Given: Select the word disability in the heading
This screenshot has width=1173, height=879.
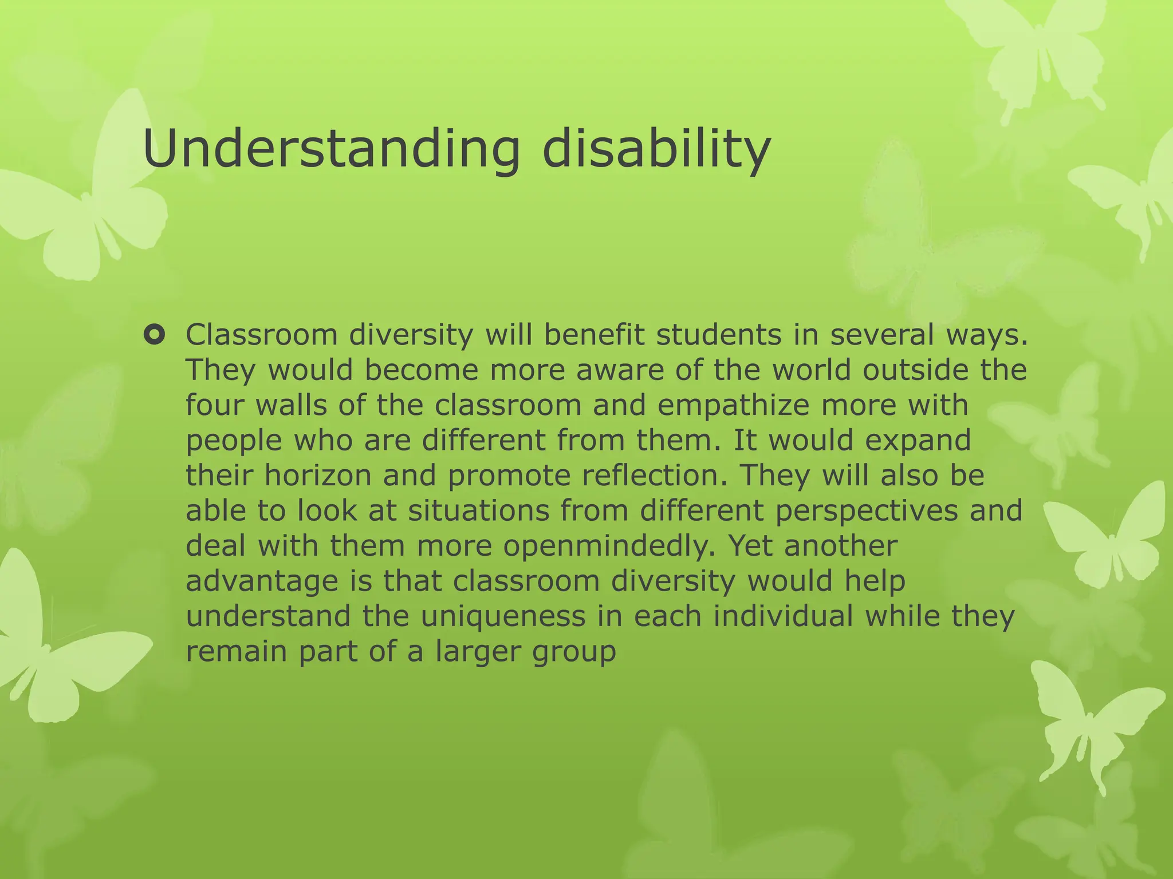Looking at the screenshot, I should [x=656, y=150].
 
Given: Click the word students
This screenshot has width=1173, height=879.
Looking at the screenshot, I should [x=719, y=335].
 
